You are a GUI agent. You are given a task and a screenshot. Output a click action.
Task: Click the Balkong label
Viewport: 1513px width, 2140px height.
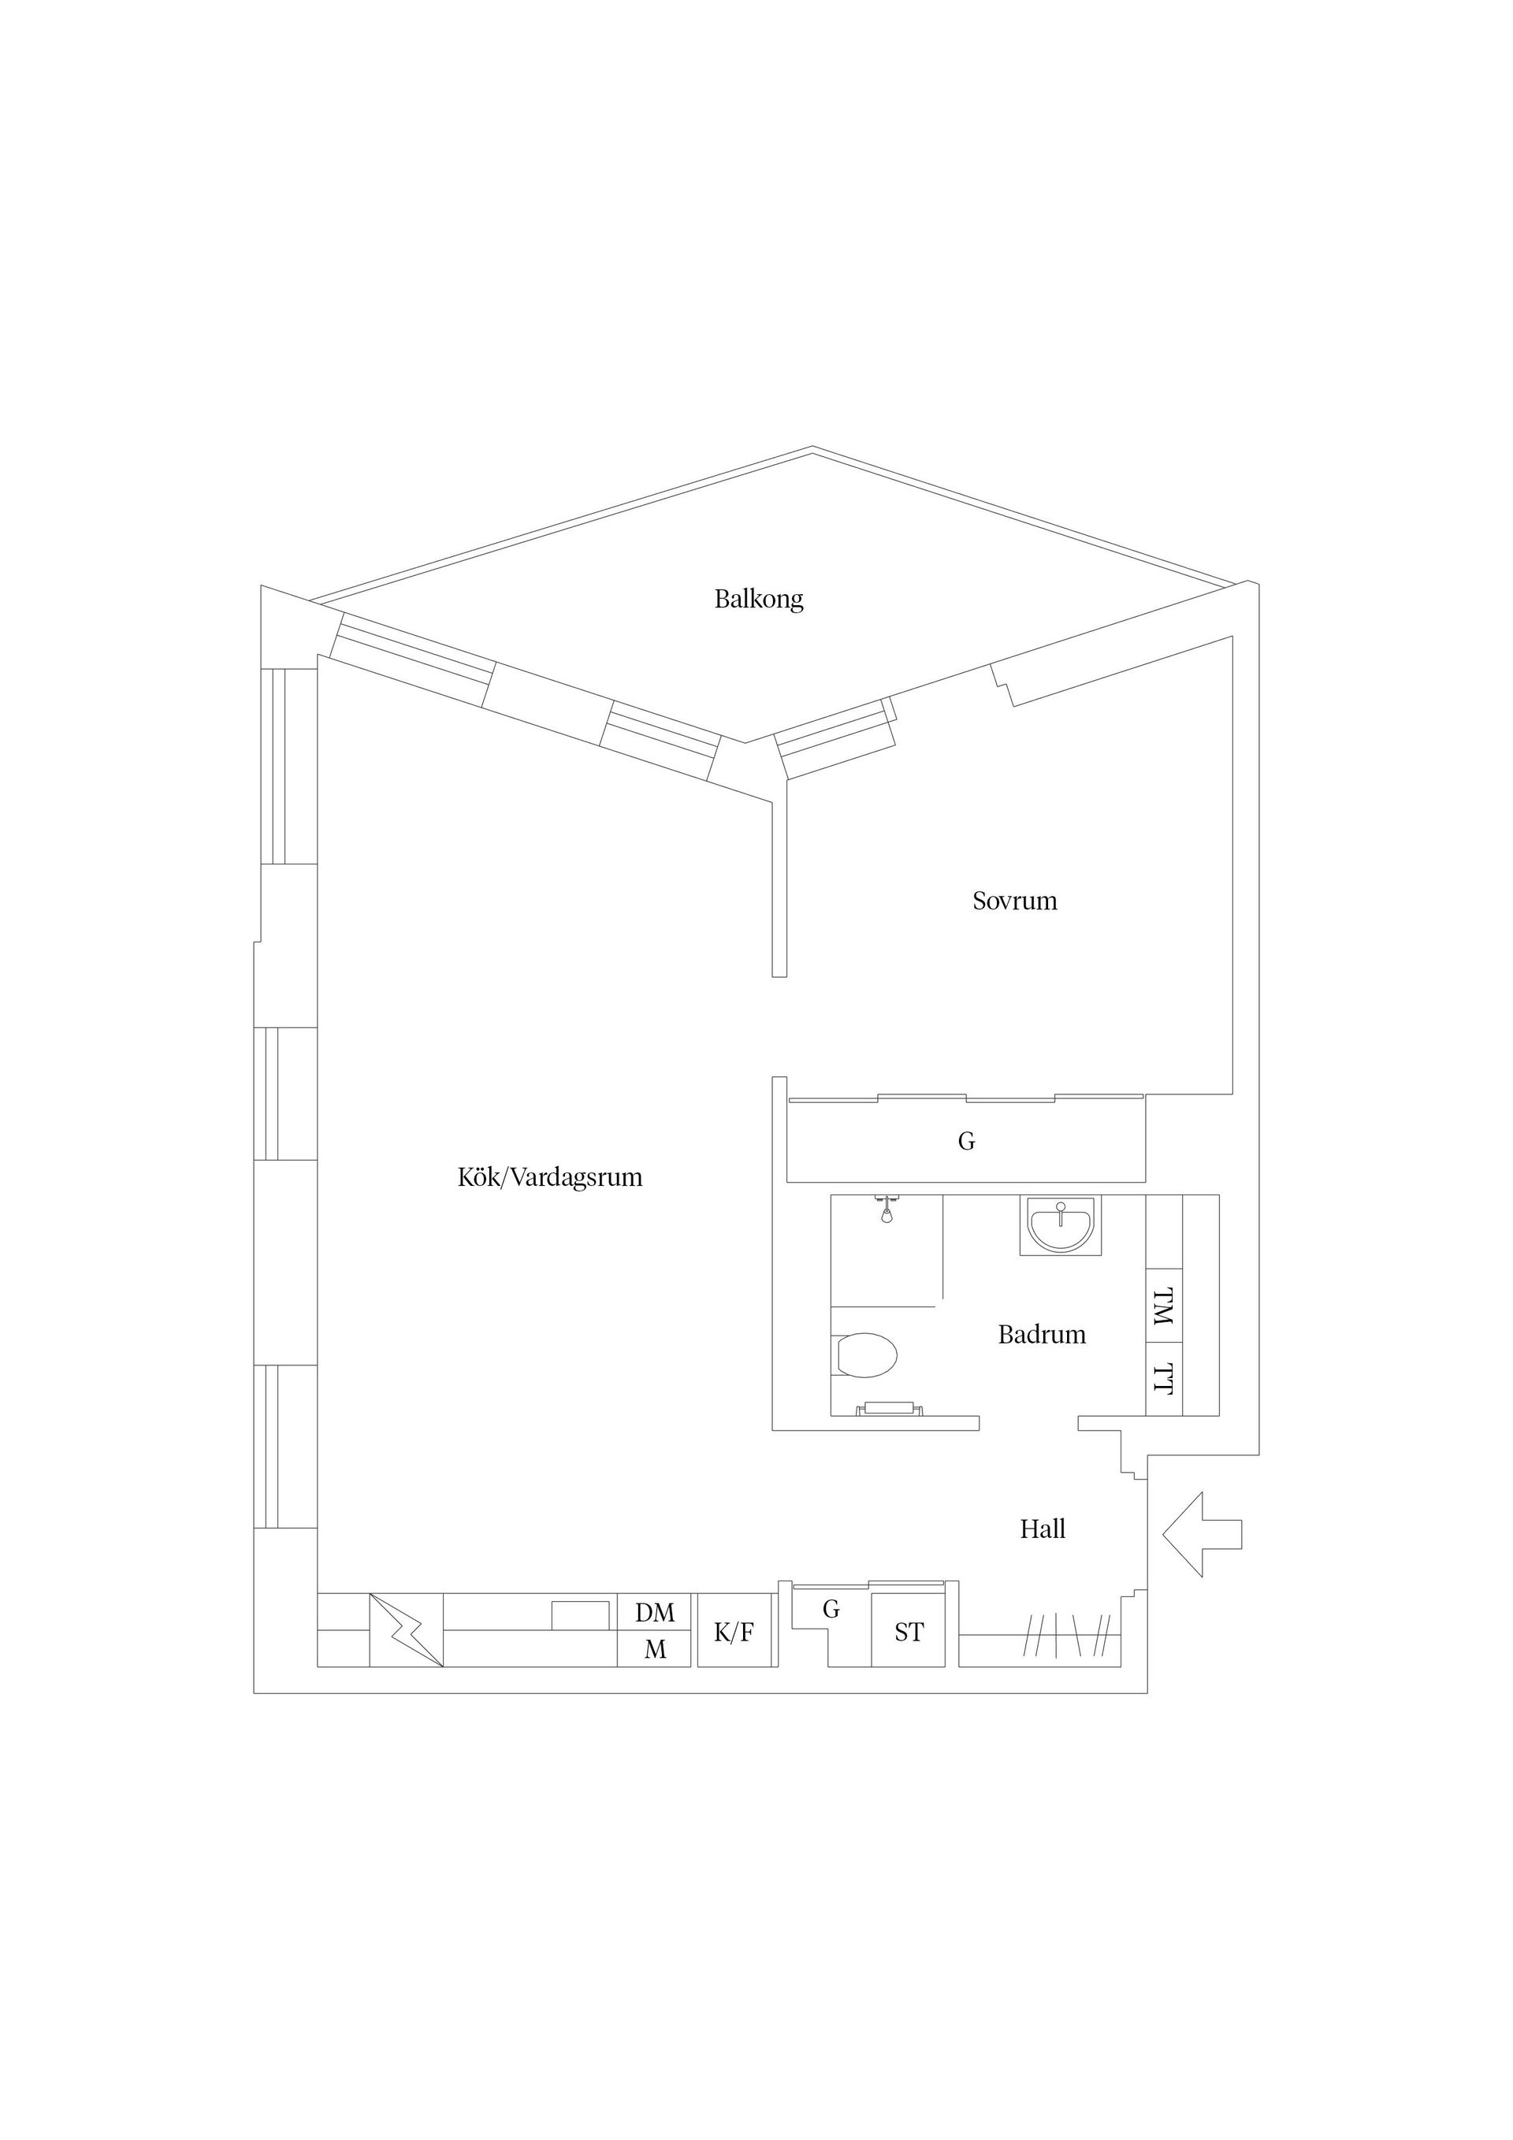click(x=759, y=600)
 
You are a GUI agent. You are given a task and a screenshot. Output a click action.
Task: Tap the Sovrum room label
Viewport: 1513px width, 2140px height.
click(x=1014, y=901)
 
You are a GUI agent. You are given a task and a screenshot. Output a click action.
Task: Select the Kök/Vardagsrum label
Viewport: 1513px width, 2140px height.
click(x=550, y=1177)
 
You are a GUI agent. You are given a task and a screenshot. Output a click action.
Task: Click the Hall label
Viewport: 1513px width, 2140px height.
click(x=1043, y=1529)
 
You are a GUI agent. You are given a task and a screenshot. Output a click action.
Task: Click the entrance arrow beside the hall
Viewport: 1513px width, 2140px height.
click(x=1202, y=1534)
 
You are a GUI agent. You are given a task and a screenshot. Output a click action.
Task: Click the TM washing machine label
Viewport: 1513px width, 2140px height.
click(x=1163, y=1308)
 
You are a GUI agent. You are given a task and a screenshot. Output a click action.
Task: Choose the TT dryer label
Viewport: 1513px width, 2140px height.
click(x=1163, y=1380)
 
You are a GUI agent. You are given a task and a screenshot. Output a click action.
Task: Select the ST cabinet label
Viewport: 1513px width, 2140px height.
click(x=909, y=1632)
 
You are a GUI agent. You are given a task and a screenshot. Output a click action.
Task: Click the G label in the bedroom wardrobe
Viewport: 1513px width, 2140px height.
click(x=967, y=1141)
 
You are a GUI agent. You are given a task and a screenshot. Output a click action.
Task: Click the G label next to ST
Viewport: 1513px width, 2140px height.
click(x=831, y=1609)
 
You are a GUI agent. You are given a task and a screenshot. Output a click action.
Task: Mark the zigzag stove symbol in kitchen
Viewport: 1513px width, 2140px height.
click(x=407, y=1630)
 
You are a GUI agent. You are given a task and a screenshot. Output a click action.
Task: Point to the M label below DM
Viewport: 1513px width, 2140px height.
click(x=656, y=1650)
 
